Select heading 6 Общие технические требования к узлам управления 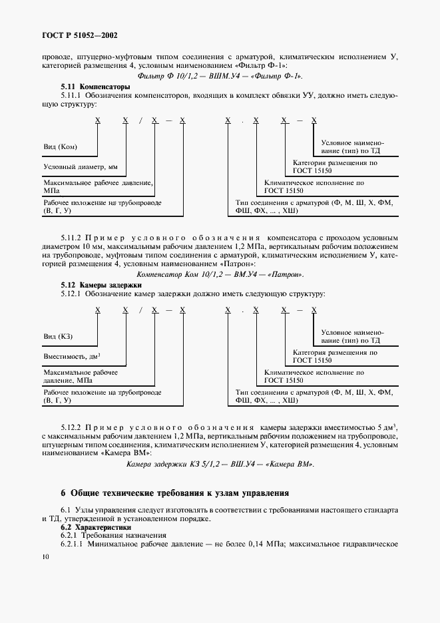tap(174, 493)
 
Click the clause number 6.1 tap(65, 510)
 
